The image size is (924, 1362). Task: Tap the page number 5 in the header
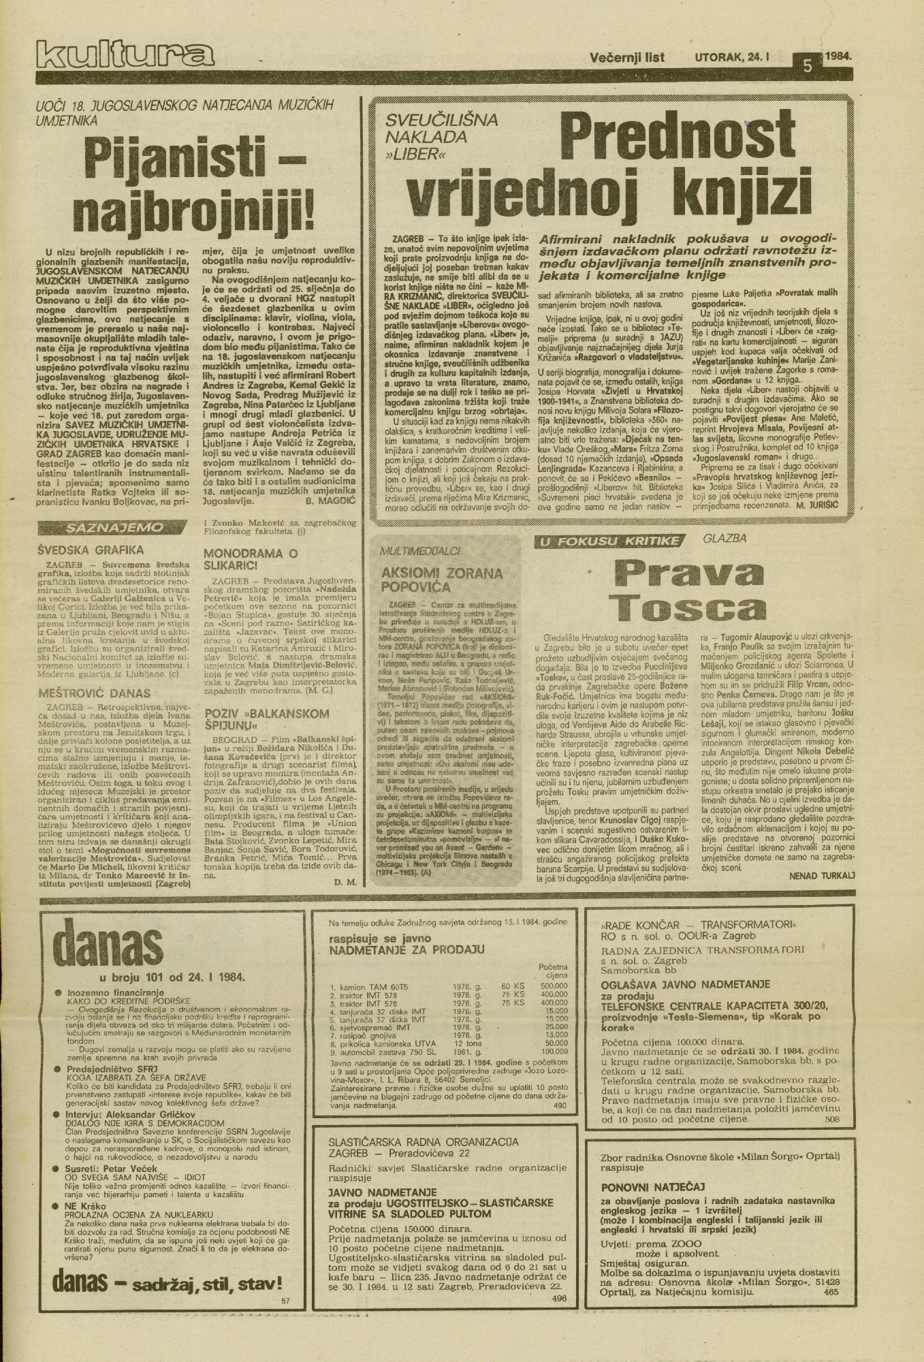[x=808, y=67]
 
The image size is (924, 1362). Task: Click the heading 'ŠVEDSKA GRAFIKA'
[x=91, y=550]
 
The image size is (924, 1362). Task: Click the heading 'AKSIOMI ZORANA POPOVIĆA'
[x=442, y=579]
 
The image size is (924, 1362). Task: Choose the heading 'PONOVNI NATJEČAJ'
[x=652, y=1186]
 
